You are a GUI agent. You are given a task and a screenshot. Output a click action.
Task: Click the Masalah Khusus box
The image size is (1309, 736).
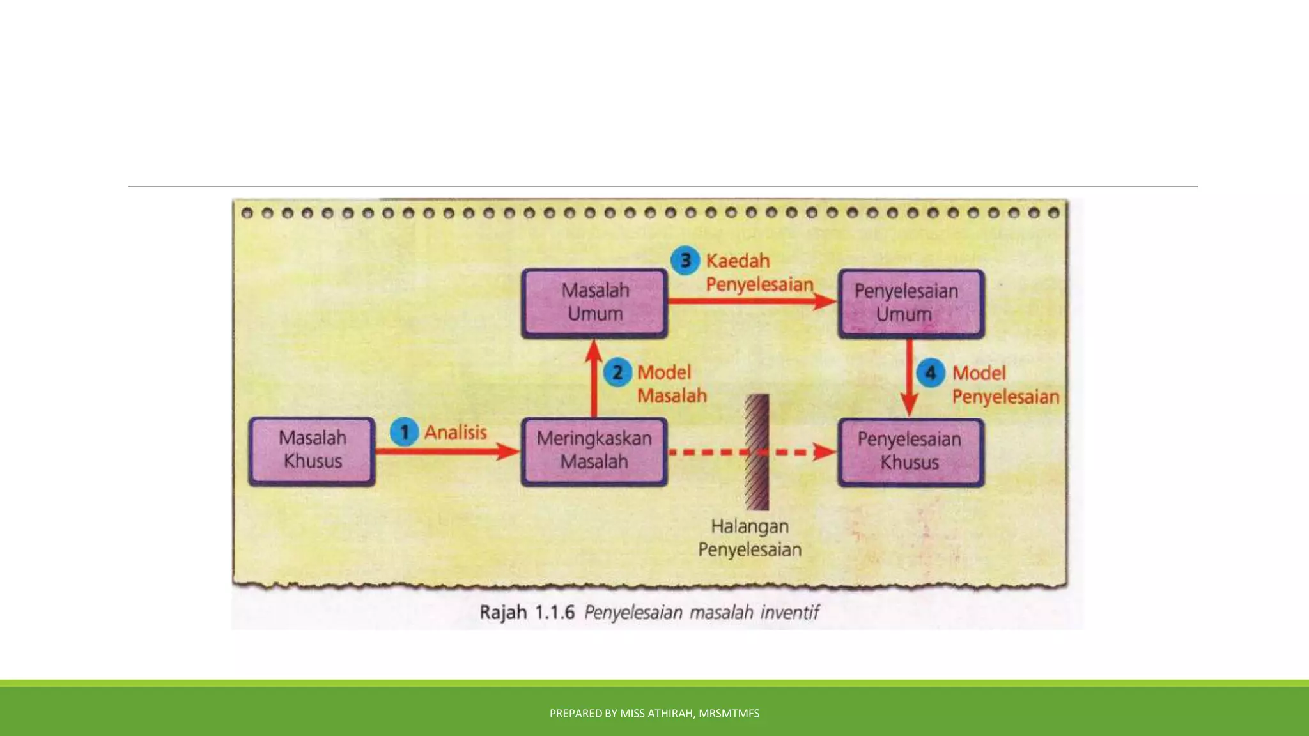tap(312, 451)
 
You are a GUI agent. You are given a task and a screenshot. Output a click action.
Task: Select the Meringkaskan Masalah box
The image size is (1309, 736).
tap(594, 451)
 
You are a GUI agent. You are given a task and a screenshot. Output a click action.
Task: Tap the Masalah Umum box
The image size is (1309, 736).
tap(594, 303)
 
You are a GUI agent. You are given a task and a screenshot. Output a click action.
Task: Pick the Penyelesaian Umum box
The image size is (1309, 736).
tap(911, 303)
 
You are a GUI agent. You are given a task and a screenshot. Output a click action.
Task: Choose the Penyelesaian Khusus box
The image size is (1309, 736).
tap(911, 452)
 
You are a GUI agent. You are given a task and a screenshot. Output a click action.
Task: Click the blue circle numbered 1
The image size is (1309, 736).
tap(404, 433)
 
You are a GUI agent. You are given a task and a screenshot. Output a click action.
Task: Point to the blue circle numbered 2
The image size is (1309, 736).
tap(617, 372)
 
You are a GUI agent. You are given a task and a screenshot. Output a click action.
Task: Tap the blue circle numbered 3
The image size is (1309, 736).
tap(685, 261)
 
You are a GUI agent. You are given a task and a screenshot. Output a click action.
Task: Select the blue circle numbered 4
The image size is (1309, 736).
tap(931, 373)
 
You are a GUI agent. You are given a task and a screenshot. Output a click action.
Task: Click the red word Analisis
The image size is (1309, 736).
tap(456, 433)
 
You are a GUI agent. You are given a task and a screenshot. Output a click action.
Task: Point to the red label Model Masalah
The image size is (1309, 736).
tap(671, 384)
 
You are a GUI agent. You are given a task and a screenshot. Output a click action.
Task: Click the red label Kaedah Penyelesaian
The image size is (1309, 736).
tap(759, 273)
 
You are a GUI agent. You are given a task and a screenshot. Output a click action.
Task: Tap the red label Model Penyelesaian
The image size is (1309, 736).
tap(1005, 385)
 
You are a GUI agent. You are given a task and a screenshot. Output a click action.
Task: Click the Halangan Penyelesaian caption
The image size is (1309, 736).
tap(750, 538)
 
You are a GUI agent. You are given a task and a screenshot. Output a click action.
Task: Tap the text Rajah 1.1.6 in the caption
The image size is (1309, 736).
tap(527, 613)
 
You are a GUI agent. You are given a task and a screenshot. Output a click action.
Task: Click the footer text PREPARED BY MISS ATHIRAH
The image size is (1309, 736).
tap(654, 713)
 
